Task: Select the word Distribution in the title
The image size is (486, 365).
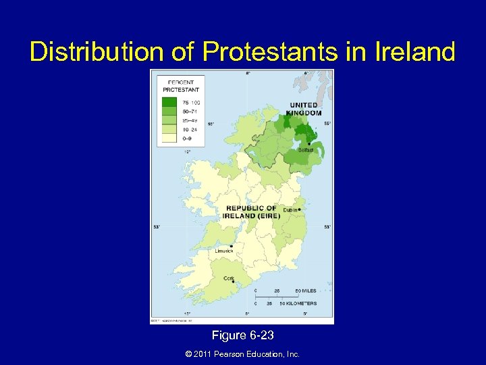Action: [x=98, y=51]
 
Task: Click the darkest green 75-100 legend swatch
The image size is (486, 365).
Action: [x=167, y=102]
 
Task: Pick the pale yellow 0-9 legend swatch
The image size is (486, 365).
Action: [x=167, y=137]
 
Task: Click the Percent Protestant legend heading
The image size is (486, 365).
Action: [x=180, y=87]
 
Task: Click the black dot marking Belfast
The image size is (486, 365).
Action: [x=308, y=143]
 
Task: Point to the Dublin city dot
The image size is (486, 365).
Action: [x=299, y=210]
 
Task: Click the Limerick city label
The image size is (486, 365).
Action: [x=224, y=251]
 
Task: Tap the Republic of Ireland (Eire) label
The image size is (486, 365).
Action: [x=250, y=212]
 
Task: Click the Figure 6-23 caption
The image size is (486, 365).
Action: [x=242, y=335]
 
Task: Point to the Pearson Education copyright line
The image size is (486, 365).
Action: [x=242, y=354]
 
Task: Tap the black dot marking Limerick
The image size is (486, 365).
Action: [x=232, y=245]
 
